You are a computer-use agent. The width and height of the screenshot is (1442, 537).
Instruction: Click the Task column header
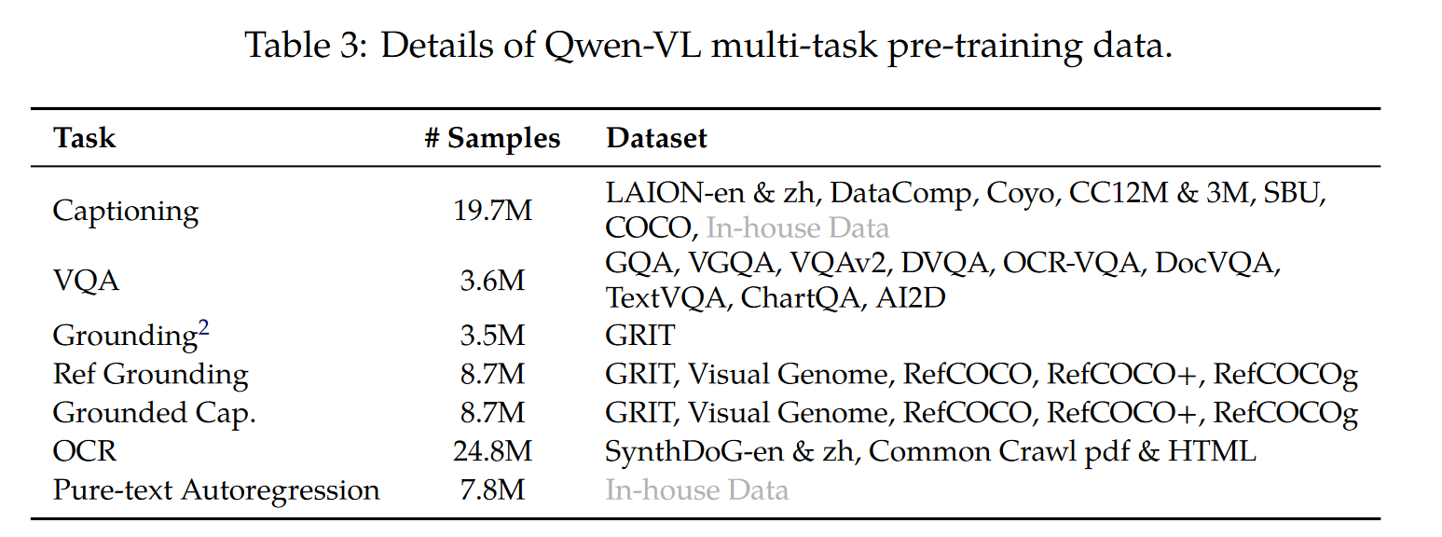pyautogui.click(x=84, y=139)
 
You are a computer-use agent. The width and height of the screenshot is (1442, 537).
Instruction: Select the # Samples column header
pyautogui.click(x=492, y=139)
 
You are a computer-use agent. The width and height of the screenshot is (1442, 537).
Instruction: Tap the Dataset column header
pyautogui.click(x=656, y=139)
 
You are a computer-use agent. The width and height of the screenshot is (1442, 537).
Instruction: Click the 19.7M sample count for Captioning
pyautogui.click(x=492, y=211)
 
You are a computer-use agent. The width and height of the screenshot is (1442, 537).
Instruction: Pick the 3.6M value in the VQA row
pyautogui.click(x=492, y=281)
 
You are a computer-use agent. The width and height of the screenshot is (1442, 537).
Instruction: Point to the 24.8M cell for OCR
pyautogui.click(x=492, y=452)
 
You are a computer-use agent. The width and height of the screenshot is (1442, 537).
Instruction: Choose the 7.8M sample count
pyautogui.click(x=492, y=490)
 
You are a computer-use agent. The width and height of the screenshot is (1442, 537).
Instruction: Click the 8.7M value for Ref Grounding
pyautogui.click(x=492, y=375)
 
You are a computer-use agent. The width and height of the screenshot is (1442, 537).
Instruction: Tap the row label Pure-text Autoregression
pyautogui.click(x=216, y=490)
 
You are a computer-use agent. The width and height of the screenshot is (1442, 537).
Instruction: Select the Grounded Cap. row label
pyautogui.click(x=154, y=413)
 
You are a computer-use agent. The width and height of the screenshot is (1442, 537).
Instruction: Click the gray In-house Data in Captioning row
pyautogui.click(x=798, y=228)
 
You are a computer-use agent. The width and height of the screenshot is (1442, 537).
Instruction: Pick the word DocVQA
pyautogui.click(x=1216, y=263)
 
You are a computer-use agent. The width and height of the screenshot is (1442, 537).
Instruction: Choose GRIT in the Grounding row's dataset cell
pyautogui.click(x=639, y=335)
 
